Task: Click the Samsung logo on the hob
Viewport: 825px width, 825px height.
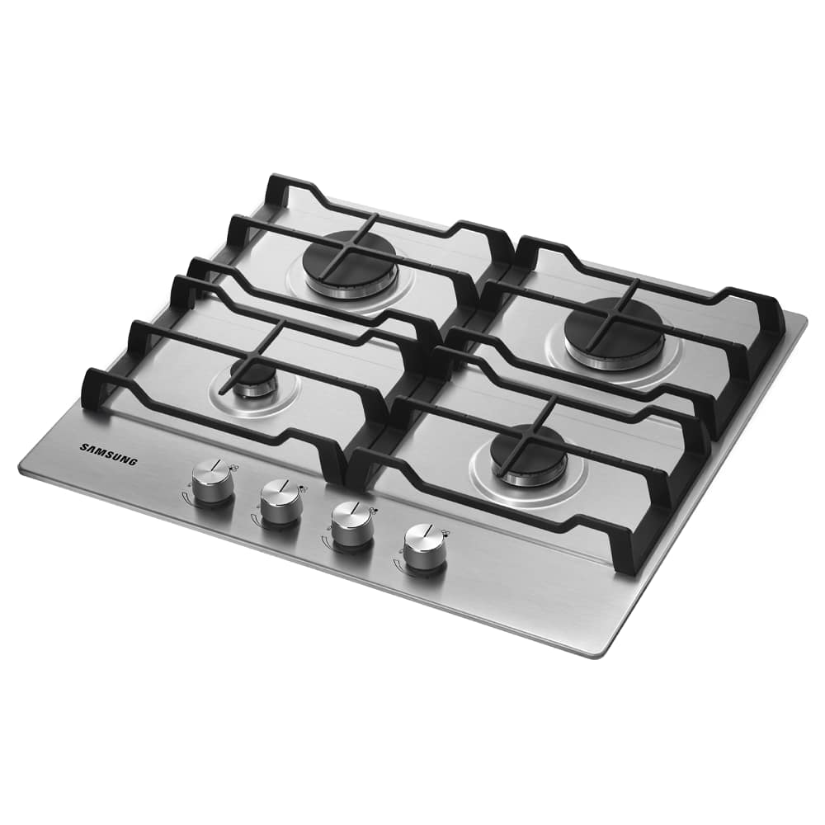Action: [x=109, y=454]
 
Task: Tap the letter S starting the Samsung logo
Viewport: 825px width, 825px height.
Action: [x=83, y=446]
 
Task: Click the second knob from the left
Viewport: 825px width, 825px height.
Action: [x=282, y=502]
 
